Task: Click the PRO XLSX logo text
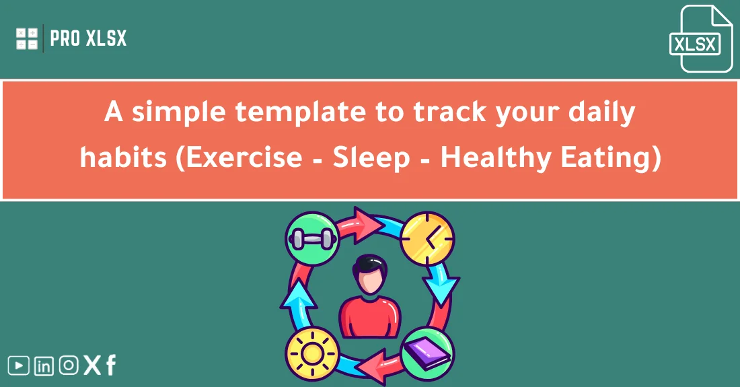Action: point(88,38)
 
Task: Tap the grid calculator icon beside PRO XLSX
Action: point(27,38)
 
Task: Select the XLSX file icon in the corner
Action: point(696,39)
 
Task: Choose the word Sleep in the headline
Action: point(371,157)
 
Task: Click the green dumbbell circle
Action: point(311,238)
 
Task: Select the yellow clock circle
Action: point(427,238)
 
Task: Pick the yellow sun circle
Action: point(311,353)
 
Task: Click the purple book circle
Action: point(427,353)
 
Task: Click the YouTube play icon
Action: point(20,365)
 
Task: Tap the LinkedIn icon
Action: point(44,366)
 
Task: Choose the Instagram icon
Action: point(69,365)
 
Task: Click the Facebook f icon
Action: point(110,365)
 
